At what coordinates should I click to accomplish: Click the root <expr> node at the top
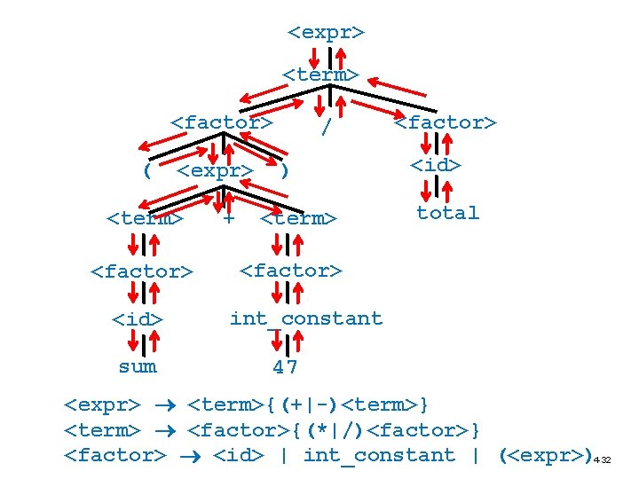[326, 33]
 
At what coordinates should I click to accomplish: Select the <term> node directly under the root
[320, 75]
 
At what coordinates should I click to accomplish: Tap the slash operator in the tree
[327, 128]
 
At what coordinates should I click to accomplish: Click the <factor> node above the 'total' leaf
[446, 122]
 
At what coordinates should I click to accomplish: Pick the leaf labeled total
[447, 213]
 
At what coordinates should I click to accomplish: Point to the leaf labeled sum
[138, 366]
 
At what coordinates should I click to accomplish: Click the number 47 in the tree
[285, 366]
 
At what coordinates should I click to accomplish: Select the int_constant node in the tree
[305, 318]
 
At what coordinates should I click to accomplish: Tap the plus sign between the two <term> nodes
[228, 217]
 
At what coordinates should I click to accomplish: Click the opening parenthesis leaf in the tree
[147, 170]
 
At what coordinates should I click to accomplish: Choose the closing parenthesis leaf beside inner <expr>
[283, 170]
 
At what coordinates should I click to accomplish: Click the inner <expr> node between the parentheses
[215, 170]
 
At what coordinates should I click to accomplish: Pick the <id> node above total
[436, 165]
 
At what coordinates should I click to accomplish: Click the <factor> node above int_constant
[291, 270]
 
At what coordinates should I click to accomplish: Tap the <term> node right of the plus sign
[298, 218]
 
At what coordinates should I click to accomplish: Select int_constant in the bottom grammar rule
[379, 455]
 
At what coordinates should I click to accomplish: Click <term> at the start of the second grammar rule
[102, 431]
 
